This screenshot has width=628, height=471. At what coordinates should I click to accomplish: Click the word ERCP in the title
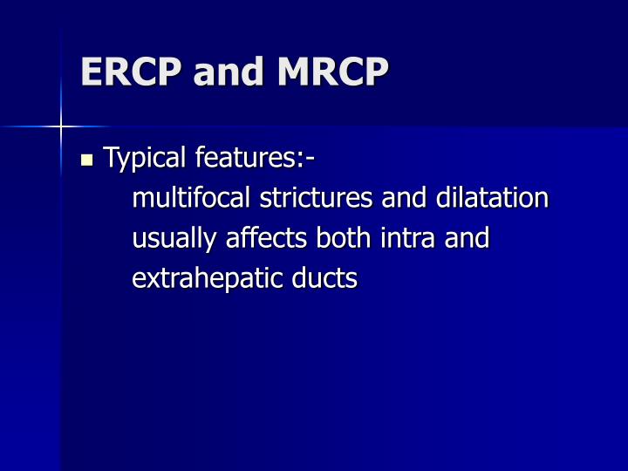[131, 72]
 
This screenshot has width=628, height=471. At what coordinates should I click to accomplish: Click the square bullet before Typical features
[86, 160]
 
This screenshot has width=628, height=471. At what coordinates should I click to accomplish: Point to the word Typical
[145, 159]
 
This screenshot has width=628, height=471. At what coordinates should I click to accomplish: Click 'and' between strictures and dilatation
[401, 198]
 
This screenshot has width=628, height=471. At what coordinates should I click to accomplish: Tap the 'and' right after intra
[468, 238]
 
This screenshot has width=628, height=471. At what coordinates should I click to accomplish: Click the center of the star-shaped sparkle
[62, 127]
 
